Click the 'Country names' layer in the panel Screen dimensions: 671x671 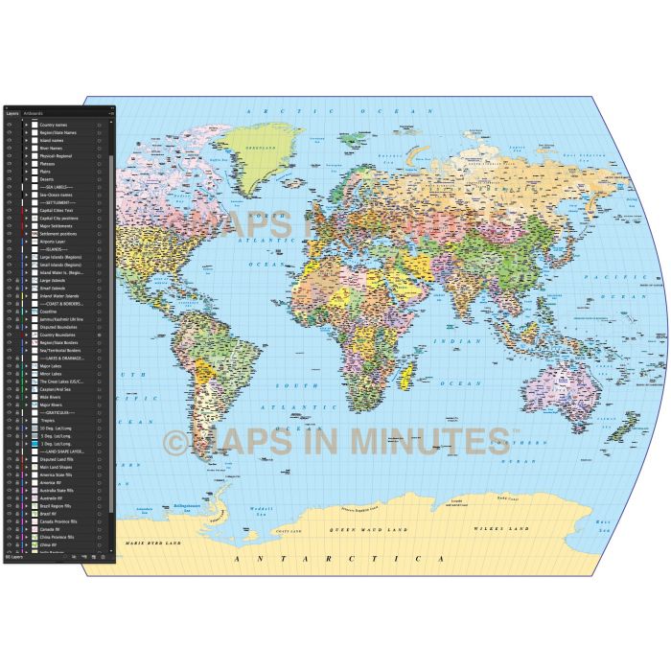54,125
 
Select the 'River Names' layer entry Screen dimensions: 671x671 53,149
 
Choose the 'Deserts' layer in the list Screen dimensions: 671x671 47,179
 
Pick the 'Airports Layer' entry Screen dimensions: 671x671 53,242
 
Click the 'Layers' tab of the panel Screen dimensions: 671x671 12,112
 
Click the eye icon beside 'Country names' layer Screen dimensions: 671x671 9,125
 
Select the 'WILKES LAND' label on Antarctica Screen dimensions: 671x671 499,528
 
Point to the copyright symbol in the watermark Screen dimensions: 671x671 174,443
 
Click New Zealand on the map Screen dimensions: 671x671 625,425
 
